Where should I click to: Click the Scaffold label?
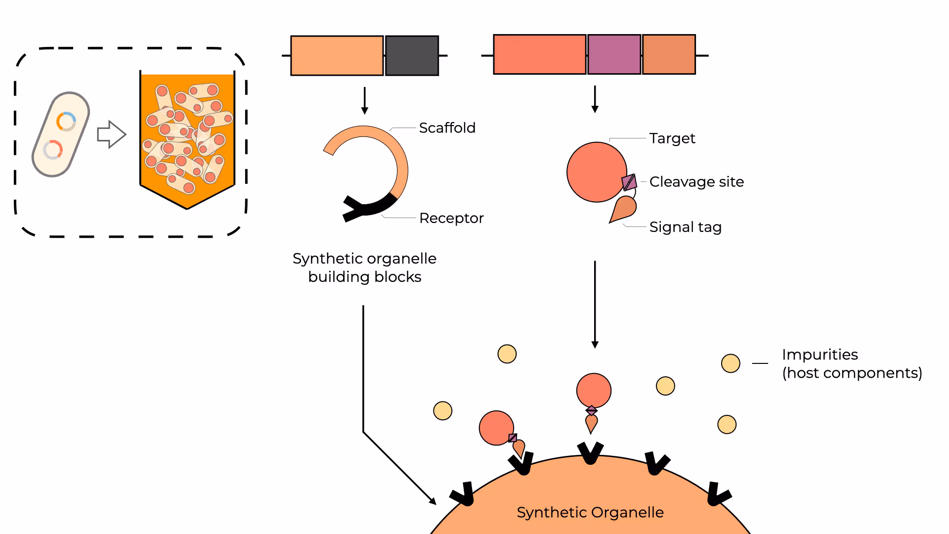click(x=447, y=128)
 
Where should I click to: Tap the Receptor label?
click(x=451, y=218)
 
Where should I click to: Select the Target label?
click(x=672, y=138)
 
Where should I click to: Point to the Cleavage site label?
click(x=696, y=182)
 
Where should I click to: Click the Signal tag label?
click(x=686, y=227)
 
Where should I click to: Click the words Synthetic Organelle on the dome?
click(x=590, y=513)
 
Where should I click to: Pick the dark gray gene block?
click(x=412, y=55)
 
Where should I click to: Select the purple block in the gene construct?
click(x=614, y=54)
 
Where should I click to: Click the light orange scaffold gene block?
click(x=337, y=55)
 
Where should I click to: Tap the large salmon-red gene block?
click(x=540, y=54)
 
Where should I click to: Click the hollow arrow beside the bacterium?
click(x=112, y=134)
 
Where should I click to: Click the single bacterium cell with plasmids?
click(x=61, y=134)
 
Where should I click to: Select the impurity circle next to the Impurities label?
click(x=731, y=363)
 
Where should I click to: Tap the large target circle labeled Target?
click(x=597, y=172)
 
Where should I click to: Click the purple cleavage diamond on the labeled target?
click(x=629, y=182)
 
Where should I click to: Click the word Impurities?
click(x=820, y=355)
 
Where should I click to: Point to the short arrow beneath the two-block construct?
click(x=365, y=101)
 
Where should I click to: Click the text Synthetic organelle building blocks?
click(x=365, y=267)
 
